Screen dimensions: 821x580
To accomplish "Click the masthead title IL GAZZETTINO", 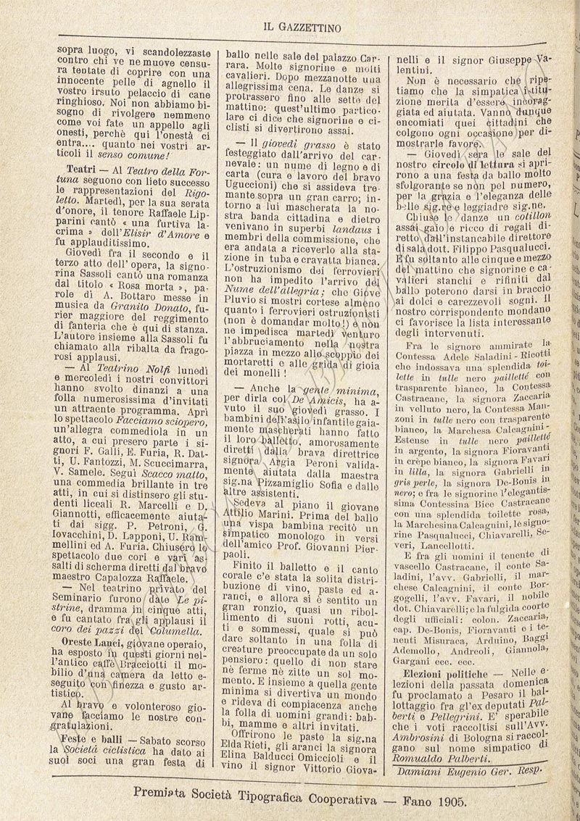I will point(299,26).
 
